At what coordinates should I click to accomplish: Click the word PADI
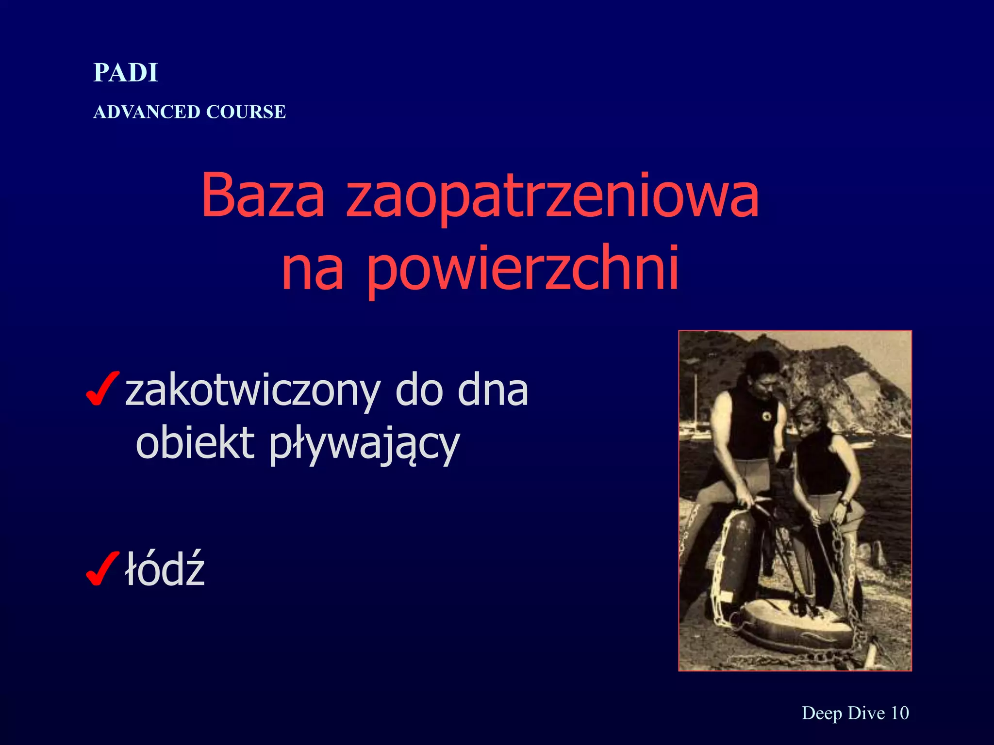pos(126,73)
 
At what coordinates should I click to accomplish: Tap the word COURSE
pos(246,112)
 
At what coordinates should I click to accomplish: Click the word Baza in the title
pos(263,195)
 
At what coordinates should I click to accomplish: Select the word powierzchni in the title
pos(523,268)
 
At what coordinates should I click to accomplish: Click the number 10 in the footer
pos(900,713)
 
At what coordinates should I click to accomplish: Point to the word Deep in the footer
pos(822,713)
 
